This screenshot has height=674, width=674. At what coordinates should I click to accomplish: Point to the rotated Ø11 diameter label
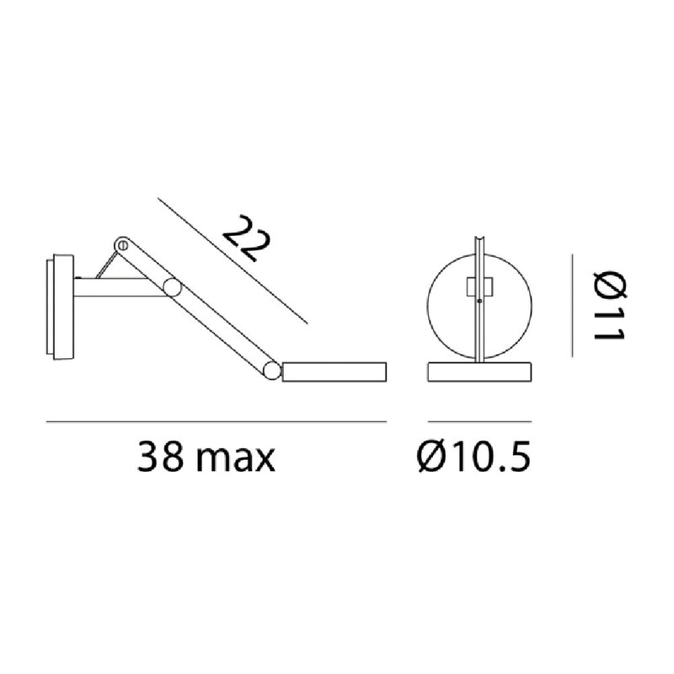607,305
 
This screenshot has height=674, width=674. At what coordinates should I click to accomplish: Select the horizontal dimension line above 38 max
216,420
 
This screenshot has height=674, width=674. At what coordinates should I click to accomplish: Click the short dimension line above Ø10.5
480,420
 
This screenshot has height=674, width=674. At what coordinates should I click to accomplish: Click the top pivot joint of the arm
122,245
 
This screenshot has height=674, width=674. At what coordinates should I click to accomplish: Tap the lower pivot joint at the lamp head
271,370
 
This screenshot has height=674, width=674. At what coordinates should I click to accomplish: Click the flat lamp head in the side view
334,372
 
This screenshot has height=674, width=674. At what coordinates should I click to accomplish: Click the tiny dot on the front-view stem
480,301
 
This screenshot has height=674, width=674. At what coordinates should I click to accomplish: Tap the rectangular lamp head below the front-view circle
480,371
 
